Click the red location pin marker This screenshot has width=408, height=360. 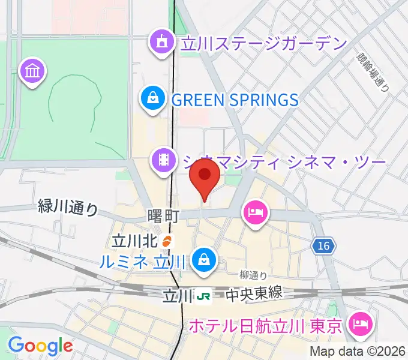[x=204, y=176]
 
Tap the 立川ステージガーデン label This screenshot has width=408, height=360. [x=262, y=43]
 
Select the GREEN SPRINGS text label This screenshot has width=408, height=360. [x=235, y=100]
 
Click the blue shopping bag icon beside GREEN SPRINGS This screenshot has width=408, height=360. [x=153, y=98]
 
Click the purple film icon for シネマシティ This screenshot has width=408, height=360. [x=163, y=160]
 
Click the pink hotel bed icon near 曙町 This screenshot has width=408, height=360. [x=255, y=213]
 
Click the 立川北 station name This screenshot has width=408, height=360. [x=134, y=241]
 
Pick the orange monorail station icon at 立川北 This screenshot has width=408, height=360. [x=167, y=241]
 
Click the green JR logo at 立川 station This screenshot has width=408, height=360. [x=205, y=295]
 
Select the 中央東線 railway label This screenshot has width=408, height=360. [x=254, y=295]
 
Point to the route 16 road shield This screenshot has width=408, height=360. [x=324, y=245]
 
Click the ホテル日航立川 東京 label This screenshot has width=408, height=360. [x=265, y=326]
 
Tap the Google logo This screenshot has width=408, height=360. [x=40, y=346]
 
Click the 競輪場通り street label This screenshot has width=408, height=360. [x=373, y=71]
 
